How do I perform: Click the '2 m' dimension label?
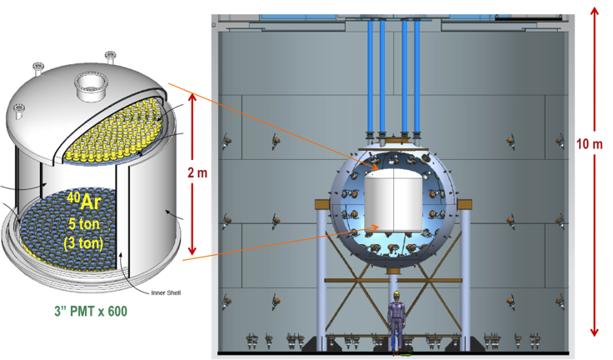[x=197, y=172]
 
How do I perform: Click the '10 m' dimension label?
[x=590, y=144]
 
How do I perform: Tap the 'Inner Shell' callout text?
[x=166, y=292]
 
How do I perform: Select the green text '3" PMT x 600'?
[x=91, y=311]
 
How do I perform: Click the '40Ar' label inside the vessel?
[x=83, y=201]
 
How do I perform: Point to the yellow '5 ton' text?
[x=83, y=224]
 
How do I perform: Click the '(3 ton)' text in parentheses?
[x=83, y=243]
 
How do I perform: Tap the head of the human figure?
[x=396, y=296]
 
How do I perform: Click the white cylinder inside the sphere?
[x=393, y=200]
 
